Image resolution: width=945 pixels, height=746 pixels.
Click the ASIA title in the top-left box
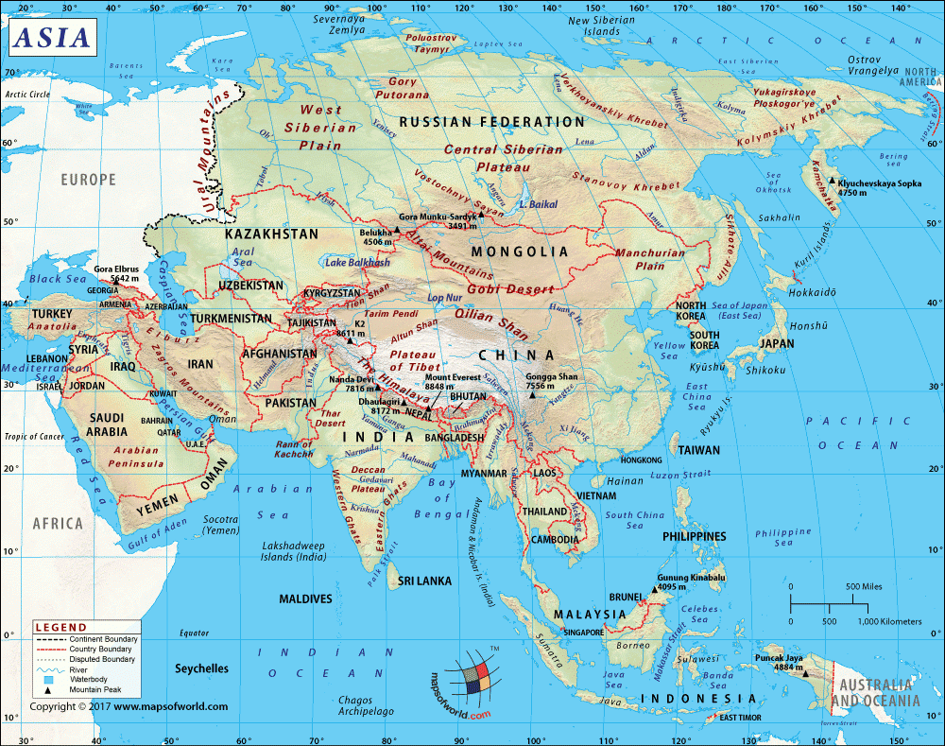[x=53, y=37]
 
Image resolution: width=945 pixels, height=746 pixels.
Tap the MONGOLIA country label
[x=520, y=252]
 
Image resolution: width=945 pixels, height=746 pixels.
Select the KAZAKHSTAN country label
[x=271, y=233]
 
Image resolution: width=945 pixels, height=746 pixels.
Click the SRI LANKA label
[x=425, y=581]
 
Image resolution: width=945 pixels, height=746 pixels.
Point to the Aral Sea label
[x=243, y=257]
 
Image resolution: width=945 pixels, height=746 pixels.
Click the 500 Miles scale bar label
[x=864, y=586]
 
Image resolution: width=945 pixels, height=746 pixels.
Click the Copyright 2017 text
[x=128, y=706]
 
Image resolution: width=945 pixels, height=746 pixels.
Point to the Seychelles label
[x=201, y=668]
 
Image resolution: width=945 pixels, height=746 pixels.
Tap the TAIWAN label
[x=697, y=450]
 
